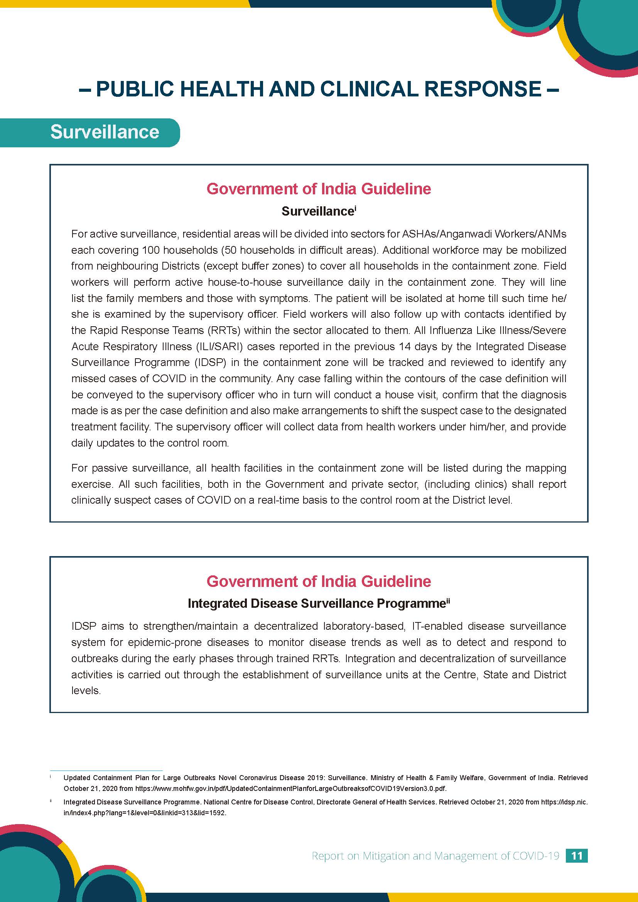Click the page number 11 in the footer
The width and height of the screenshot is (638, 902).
[576, 856]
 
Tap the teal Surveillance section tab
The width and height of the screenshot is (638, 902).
[105, 132]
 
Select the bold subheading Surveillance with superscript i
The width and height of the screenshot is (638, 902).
[319, 211]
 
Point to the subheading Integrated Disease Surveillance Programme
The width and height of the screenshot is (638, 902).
[318, 603]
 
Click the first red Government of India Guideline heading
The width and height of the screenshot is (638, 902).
[319, 189]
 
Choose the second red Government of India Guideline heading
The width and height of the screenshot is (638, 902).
[319, 581]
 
